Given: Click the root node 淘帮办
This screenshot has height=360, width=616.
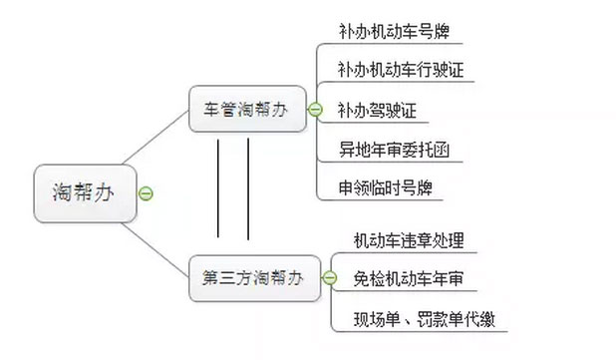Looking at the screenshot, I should tap(83, 190).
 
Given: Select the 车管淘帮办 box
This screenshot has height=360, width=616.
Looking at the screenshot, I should tap(245, 109).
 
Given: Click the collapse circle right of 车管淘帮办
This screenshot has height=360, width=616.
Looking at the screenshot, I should tap(315, 110).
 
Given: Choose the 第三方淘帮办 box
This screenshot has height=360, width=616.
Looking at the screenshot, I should tap(252, 278).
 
